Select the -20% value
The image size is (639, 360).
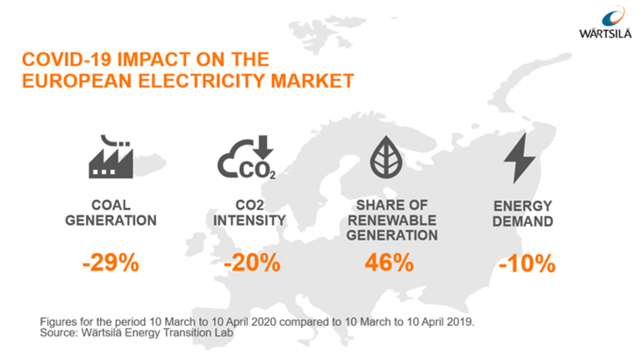click(252, 263)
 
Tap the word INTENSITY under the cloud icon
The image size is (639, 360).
click(250, 220)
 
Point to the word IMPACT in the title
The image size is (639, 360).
click(154, 61)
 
